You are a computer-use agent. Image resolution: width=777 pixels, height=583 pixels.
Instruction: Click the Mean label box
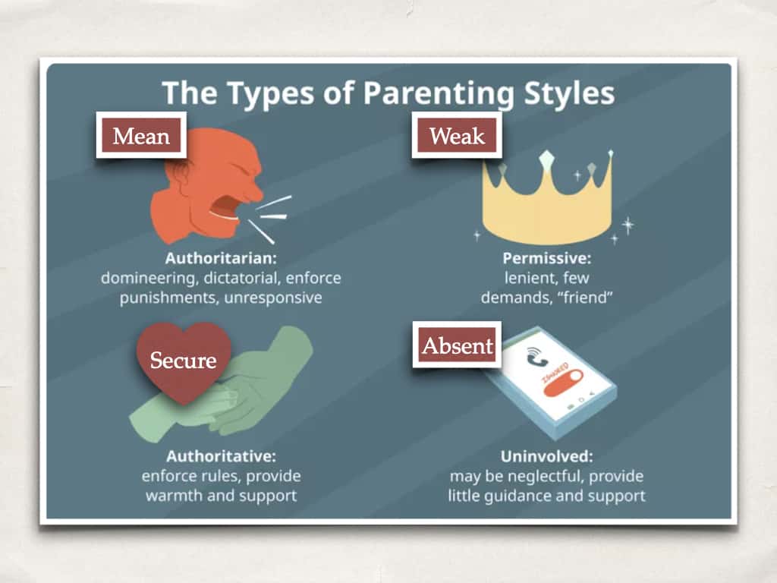(141, 135)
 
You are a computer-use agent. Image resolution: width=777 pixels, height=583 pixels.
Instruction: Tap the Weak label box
(457, 135)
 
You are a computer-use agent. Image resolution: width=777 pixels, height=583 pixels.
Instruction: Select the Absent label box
(457, 345)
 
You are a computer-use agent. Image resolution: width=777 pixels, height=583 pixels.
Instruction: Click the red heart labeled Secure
(184, 359)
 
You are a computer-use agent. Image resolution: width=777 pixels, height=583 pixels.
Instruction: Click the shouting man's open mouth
(226, 207)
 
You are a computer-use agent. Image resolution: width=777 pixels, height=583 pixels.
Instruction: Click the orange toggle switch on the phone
(562, 383)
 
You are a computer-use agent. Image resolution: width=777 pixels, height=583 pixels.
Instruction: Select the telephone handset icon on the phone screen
(536, 355)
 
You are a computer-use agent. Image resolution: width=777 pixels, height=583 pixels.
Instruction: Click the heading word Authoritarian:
(221, 258)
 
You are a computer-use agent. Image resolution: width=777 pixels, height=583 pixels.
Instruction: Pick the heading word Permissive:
(547, 258)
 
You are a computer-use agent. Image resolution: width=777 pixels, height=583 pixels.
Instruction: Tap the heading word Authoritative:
(221, 455)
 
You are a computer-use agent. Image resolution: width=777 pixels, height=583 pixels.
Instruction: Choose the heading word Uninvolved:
(546, 455)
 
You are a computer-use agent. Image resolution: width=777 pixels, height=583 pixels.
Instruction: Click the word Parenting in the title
(439, 93)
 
